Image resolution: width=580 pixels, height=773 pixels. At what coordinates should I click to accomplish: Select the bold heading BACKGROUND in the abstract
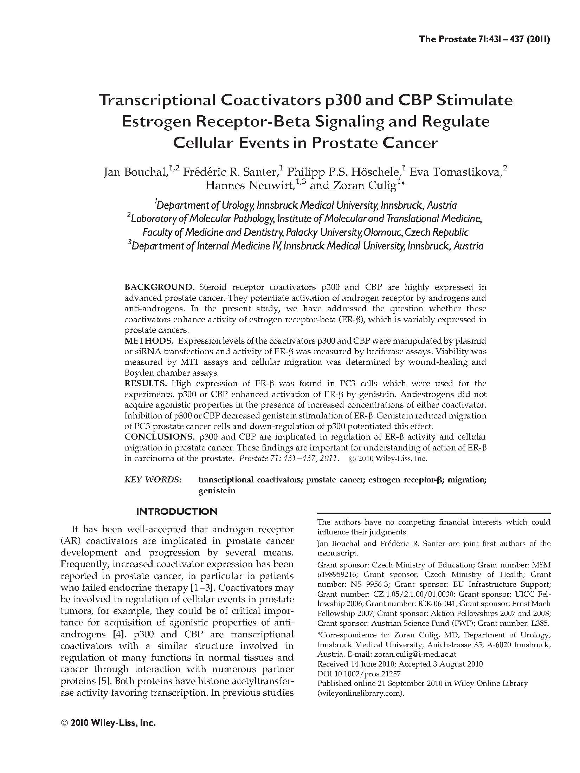pyautogui.click(x=160, y=287)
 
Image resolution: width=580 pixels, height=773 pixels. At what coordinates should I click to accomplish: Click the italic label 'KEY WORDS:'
pyautogui.click(x=153, y=480)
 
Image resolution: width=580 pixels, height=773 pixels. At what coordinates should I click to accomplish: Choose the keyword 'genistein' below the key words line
pyautogui.click(x=217, y=491)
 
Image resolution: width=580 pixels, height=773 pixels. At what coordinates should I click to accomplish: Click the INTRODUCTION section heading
pyautogui.click(x=177, y=512)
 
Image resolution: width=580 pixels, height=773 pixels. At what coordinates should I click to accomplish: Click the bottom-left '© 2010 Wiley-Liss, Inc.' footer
pyautogui.click(x=108, y=733)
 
